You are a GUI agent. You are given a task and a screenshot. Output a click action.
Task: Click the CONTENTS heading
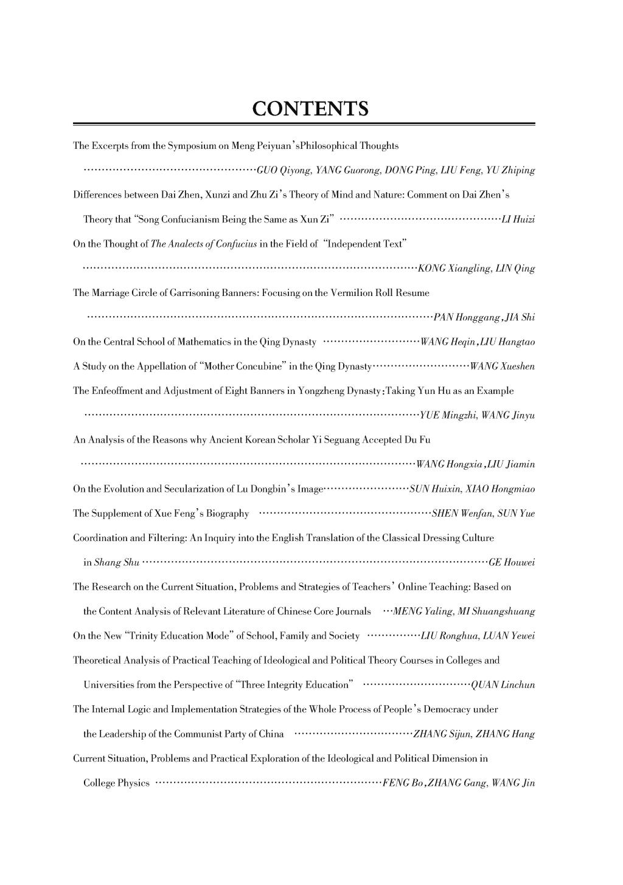click(310, 109)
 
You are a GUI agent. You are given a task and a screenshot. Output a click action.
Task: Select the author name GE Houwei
click(512, 562)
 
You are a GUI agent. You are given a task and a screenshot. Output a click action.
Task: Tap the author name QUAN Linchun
click(503, 685)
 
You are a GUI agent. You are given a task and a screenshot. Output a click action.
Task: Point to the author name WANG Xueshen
click(503, 366)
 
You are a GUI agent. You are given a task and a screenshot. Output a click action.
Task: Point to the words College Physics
click(116, 783)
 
